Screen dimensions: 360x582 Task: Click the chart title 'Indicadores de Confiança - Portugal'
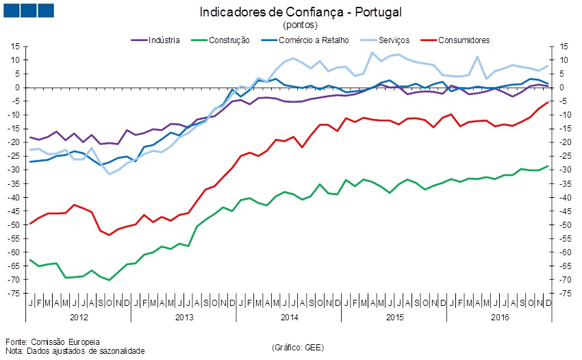[x=300, y=12]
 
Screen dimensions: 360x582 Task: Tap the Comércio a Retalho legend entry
[x=312, y=40]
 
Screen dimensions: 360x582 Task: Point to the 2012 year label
[x=78, y=318]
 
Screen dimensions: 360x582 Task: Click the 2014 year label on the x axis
[x=289, y=318]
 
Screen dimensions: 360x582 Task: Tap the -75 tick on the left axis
[x=14, y=293]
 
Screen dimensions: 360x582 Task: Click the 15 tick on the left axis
[x=14, y=47]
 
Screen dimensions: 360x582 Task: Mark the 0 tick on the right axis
[x=561, y=88]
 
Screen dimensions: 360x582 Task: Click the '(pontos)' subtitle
[x=300, y=25]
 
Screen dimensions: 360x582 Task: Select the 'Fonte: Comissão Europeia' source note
[x=52, y=342]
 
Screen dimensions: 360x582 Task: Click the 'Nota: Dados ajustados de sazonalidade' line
[x=75, y=351]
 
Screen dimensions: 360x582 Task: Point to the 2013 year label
[x=184, y=318]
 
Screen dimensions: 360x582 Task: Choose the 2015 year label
[x=394, y=318]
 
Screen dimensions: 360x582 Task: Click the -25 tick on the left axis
[x=14, y=156]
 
